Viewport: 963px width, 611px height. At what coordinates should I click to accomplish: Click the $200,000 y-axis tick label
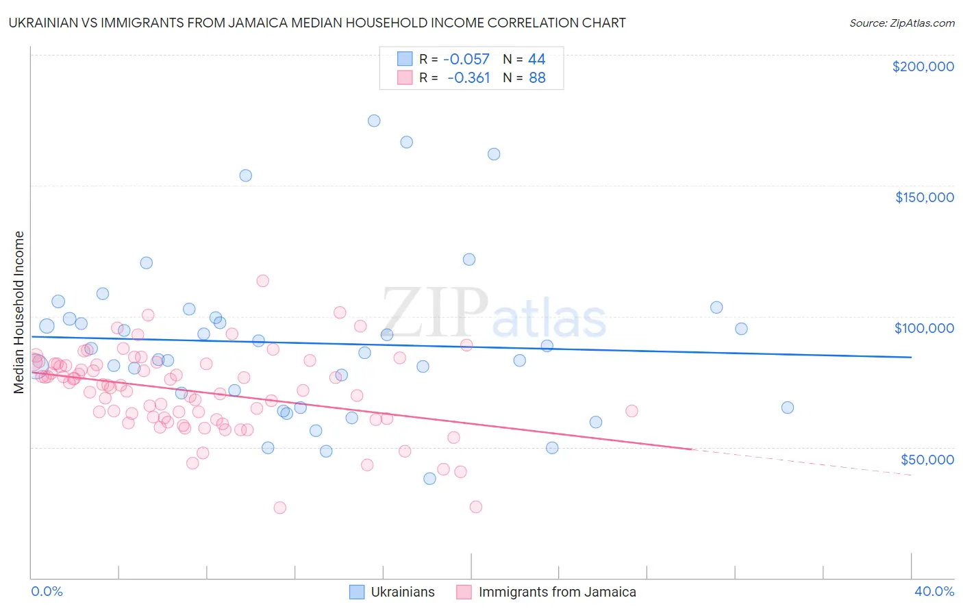point(923,66)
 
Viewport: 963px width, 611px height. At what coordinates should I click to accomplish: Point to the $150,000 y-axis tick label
point(924,197)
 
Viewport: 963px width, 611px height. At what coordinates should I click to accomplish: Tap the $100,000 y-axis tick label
point(924,328)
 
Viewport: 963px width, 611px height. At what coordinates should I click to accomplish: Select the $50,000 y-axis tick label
point(927,459)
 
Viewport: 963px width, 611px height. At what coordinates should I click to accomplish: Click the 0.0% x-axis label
point(47,591)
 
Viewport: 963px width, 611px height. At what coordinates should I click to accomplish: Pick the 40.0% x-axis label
point(934,591)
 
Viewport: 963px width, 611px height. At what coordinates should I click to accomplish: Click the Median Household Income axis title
point(19,312)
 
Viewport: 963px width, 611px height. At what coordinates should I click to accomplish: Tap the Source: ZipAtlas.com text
point(901,23)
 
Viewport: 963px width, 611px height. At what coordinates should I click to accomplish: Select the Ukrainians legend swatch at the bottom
point(357,592)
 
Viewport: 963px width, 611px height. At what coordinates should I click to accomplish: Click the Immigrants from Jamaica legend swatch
point(464,592)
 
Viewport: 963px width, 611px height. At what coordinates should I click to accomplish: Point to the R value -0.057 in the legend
point(467,59)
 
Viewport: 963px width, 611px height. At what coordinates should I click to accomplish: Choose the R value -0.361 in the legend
point(468,77)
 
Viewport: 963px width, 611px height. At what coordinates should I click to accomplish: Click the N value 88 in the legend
point(537,77)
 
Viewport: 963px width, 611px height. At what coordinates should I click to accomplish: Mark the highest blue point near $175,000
point(374,121)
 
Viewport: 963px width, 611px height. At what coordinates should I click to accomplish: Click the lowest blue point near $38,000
point(429,478)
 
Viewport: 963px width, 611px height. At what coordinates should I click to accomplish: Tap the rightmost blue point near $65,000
point(788,408)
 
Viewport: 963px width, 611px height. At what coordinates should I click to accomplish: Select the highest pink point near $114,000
point(262,281)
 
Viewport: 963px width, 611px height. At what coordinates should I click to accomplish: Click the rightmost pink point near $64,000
point(631,411)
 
